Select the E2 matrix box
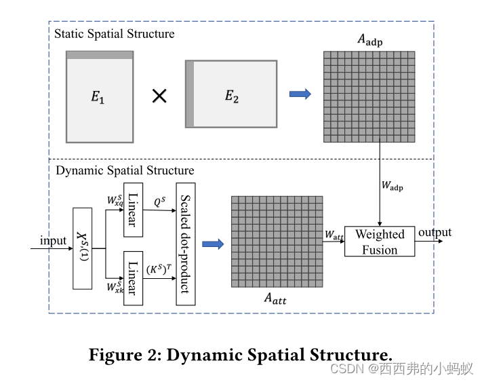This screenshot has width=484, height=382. [231, 94]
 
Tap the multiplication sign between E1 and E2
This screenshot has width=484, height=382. [159, 96]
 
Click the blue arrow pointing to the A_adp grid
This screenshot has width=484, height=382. [300, 94]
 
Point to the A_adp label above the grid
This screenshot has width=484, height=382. [370, 40]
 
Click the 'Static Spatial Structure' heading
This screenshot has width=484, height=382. [114, 34]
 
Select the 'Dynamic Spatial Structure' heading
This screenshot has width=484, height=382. [125, 170]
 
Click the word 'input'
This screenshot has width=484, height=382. [53, 241]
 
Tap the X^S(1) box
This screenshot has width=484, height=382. [83, 248]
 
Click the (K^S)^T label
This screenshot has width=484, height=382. [159, 269]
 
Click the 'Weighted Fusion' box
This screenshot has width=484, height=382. [380, 242]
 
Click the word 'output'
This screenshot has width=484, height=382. [435, 233]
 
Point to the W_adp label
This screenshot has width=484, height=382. [392, 185]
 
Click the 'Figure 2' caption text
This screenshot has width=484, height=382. [241, 354]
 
